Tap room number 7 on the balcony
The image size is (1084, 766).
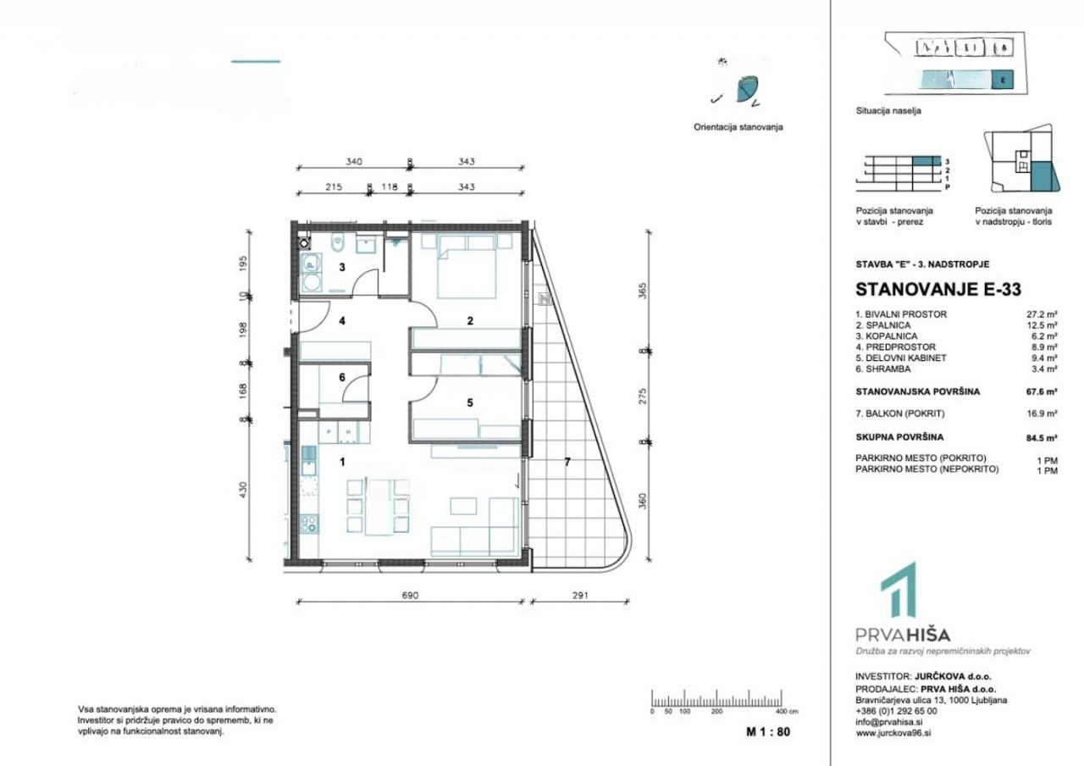[x=568, y=461]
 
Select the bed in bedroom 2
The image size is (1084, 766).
[x=467, y=266]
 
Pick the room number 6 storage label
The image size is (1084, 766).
[x=342, y=377]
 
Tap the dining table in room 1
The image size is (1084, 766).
[x=374, y=507]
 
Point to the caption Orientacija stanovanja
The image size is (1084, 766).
[x=738, y=127]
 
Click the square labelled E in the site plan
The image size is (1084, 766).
[x=1003, y=80]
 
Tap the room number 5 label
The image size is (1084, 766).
[x=469, y=403]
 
